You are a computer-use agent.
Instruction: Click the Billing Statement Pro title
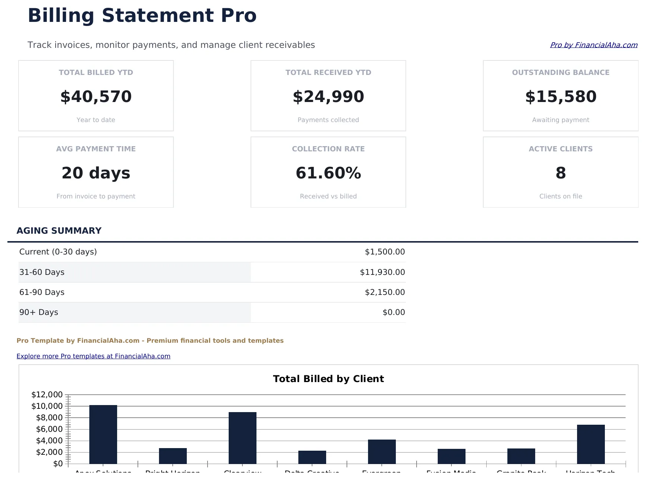click(x=142, y=16)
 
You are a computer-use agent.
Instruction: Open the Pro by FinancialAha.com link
click(x=593, y=45)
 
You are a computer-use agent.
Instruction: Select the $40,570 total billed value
click(x=96, y=96)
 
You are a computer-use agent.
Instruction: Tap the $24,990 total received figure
click(x=328, y=96)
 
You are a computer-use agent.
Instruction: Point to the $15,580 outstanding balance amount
click(x=560, y=96)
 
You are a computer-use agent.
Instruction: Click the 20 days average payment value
click(x=96, y=173)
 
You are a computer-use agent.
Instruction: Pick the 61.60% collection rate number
click(x=328, y=173)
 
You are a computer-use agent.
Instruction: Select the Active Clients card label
click(x=560, y=149)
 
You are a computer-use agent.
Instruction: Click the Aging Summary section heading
click(x=59, y=231)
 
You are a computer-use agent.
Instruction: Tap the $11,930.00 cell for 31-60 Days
click(x=382, y=272)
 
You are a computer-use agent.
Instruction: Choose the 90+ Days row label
click(x=39, y=312)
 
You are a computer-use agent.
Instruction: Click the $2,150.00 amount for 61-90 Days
click(x=385, y=292)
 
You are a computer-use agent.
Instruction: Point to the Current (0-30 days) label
click(x=58, y=252)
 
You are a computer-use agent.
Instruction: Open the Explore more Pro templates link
click(x=93, y=356)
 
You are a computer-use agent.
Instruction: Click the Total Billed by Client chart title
click(x=328, y=379)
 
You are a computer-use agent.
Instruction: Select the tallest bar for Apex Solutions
click(x=103, y=434)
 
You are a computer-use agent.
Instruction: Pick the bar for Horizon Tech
click(x=591, y=444)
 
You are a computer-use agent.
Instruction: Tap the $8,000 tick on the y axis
click(x=49, y=418)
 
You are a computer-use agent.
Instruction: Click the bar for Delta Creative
click(x=312, y=457)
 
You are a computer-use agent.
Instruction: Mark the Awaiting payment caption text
click(x=560, y=120)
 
